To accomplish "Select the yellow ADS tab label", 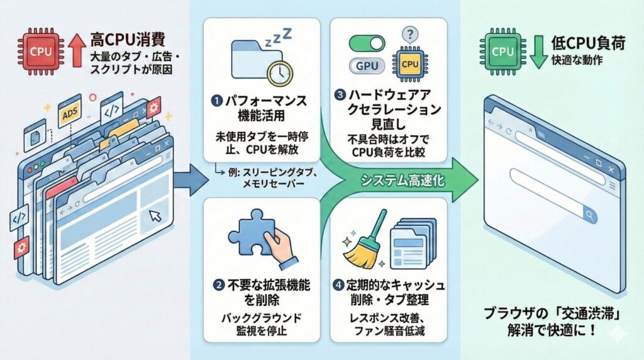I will click(x=70, y=115).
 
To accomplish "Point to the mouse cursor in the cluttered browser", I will click(x=155, y=217).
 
